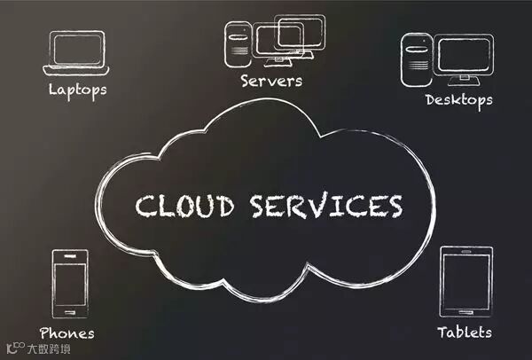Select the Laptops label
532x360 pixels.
pyautogui.click(x=77, y=90)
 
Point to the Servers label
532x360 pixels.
pyautogui.click(x=271, y=81)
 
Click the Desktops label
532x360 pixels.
pyautogui.click(x=458, y=99)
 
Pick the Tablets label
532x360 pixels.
pyautogui.click(x=465, y=333)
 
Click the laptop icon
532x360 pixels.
pyautogui.click(x=76, y=54)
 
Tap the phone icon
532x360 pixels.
pyautogui.click(x=70, y=284)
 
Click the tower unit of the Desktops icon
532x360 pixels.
pyautogui.click(x=417, y=59)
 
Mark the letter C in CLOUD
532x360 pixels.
pyautogui.click(x=145, y=205)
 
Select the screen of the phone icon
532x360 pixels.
pyautogui.click(x=70, y=282)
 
